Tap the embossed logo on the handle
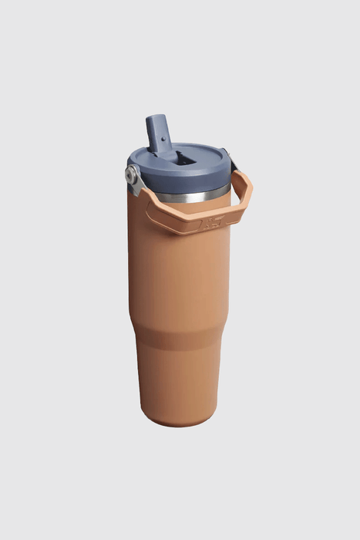tap(209, 224)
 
